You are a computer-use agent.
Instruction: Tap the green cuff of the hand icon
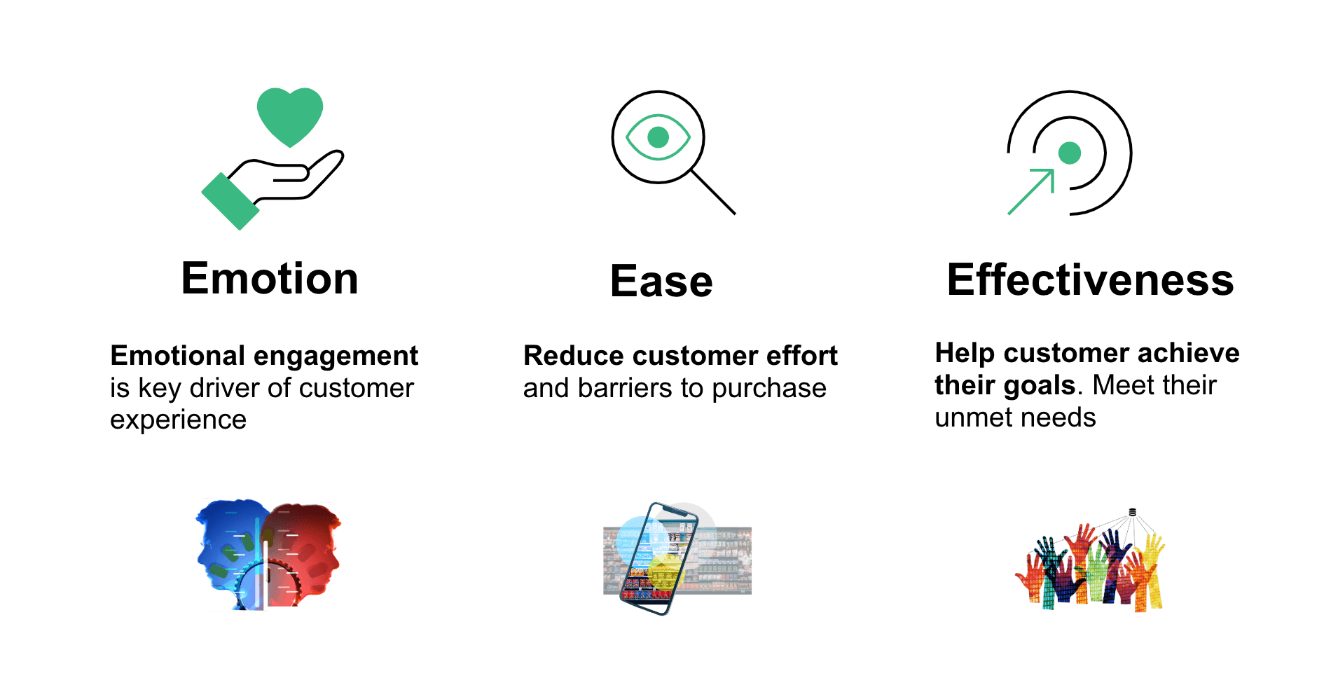tap(230, 201)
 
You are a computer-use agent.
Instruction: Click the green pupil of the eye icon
tap(658, 137)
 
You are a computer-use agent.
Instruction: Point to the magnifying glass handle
tap(713, 192)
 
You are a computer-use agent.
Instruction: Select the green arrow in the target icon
tap(1031, 191)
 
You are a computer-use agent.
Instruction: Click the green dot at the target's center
tap(1070, 153)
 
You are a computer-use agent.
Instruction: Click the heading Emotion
tap(270, 279)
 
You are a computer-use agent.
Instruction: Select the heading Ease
tap(661, 282)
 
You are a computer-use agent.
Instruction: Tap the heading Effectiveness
tap(1090, 279)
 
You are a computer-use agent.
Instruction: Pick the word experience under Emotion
tap(178, 420)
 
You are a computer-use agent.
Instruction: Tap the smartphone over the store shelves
tap(659, 558)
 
